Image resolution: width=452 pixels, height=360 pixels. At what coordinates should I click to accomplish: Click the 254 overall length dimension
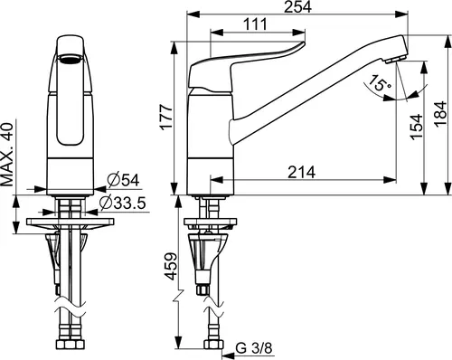pos(297,6)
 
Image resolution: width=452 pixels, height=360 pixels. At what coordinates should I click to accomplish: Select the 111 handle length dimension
pos(256,24)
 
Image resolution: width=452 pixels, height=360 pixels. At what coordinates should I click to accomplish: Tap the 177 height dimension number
pos(166,117)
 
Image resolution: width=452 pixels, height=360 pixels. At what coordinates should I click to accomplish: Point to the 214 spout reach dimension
pos(301,173)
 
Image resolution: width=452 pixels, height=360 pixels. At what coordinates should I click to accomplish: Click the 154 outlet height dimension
pos(416,127)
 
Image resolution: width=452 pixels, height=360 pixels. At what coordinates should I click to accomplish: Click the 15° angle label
pos(379,83)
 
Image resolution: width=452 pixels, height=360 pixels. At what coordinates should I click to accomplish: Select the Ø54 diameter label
pos(123,180)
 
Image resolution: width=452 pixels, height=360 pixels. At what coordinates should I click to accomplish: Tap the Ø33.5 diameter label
pos(123,204)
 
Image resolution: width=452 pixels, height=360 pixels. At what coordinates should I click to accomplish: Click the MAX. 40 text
pos(7,155)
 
